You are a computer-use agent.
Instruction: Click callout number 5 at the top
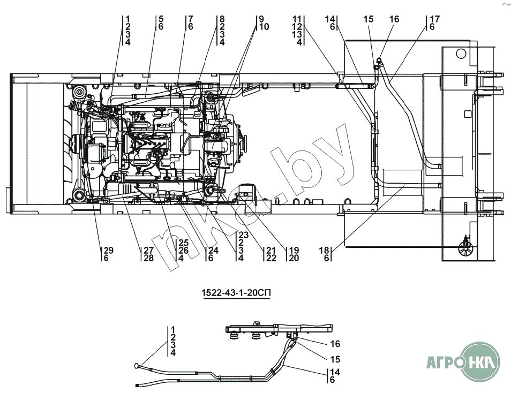point(161,19)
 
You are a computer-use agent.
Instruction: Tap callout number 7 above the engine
point(190,19)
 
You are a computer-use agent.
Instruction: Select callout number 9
point(261,19)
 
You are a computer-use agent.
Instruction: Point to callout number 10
point(264,27)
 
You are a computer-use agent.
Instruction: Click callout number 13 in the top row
point(297,34)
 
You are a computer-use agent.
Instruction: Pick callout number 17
point(435,19)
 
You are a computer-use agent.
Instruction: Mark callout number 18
point(324,250)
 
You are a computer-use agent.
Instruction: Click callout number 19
point(294,250)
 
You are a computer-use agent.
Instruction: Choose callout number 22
point(271,258)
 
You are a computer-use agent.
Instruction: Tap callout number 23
point(243,235)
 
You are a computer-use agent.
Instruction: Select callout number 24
point(213,250)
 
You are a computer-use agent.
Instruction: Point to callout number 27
point(148,250)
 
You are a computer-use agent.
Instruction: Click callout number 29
point(108,250)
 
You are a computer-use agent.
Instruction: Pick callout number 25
point(184,243)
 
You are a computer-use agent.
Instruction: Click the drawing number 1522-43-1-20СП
point(237,293)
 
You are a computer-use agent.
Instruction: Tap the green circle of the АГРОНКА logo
point(478,362)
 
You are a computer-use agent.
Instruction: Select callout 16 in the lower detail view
point(335,344)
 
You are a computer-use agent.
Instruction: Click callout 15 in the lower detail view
point(335,359)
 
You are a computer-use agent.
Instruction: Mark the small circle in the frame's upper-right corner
point(461,53)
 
